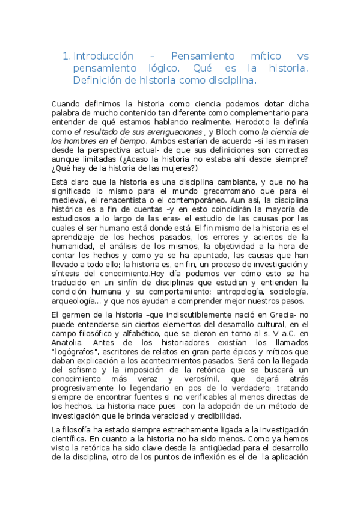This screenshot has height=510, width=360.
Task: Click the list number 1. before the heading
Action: [x=66, y=57]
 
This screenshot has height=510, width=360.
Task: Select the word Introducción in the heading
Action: [x=103, y=57]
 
